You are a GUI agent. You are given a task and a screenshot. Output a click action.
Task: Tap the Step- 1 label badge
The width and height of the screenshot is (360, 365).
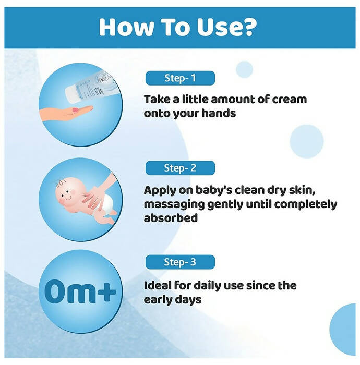(x=180, y=78)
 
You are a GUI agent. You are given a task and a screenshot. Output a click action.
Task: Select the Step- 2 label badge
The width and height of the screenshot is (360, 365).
(x=180, y=168)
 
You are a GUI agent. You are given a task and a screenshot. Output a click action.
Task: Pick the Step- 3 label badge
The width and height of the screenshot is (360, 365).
(x=180, y=262)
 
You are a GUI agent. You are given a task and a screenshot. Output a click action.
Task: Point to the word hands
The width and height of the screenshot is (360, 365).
(x=219, y=113)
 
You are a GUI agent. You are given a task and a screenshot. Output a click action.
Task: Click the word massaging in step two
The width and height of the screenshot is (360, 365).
(x=174, y=205)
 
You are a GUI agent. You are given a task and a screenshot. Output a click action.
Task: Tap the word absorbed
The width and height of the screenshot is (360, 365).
(x=171, y=218)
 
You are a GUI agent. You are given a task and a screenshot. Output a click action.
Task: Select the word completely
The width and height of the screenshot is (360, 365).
(x=306, y=205)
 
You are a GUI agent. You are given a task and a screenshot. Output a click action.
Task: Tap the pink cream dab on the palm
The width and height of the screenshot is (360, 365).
(x=76, y=110)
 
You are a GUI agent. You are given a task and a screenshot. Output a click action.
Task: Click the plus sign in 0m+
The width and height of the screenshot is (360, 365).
(x=106, y=291)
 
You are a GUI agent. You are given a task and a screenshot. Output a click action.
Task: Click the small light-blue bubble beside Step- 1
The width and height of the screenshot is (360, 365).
(x=244, y=69)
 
